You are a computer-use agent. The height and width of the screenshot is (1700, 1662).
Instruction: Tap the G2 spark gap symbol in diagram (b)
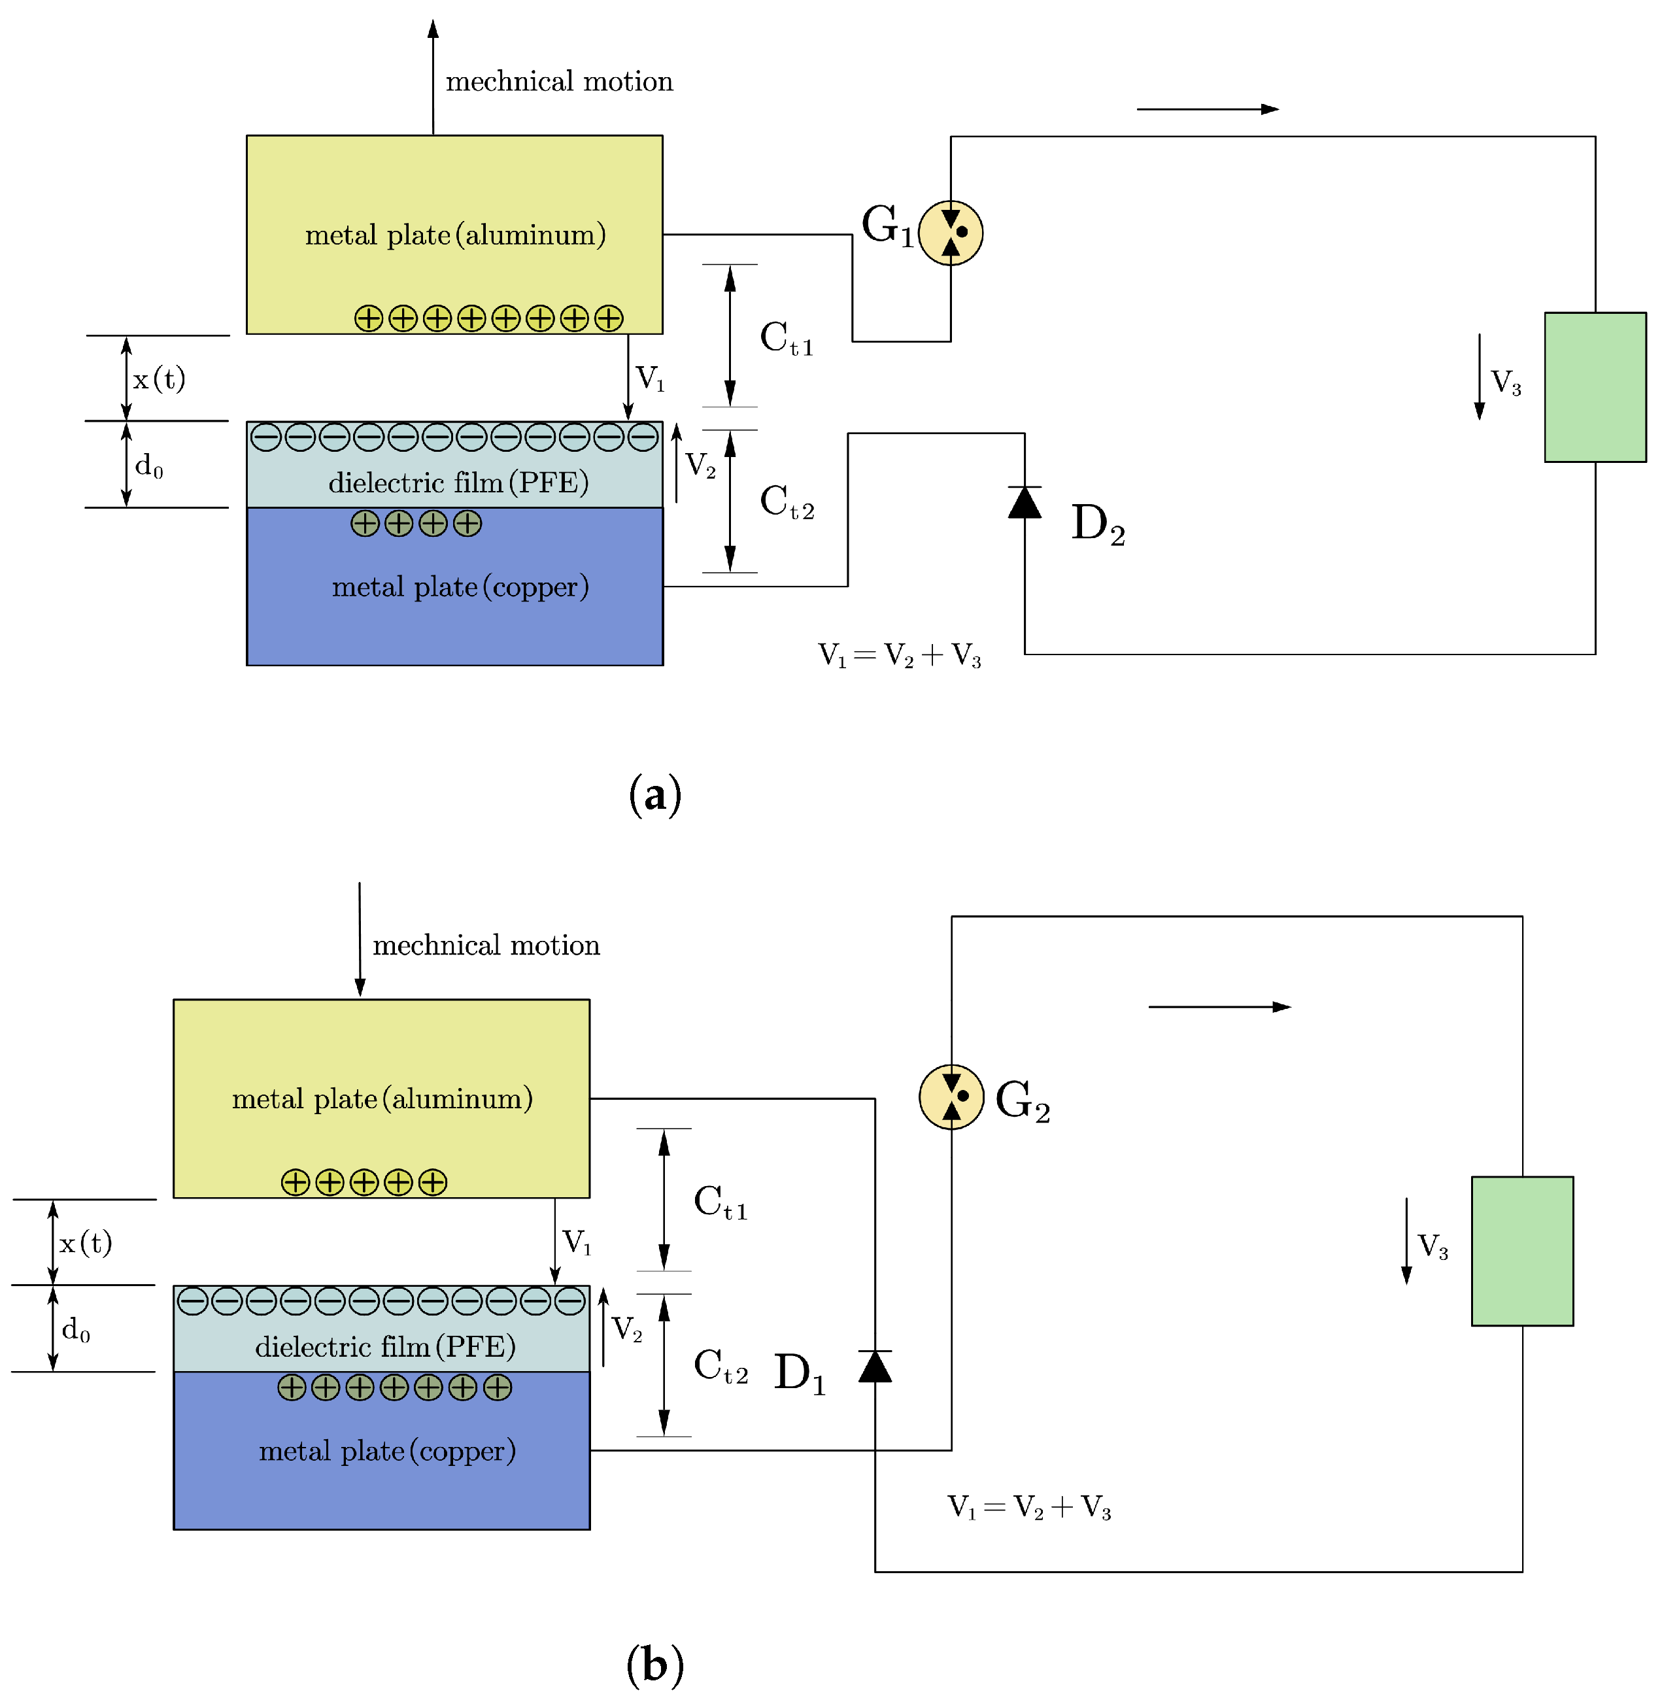951,1096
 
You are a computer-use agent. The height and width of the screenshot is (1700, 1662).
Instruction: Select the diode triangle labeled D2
1025,502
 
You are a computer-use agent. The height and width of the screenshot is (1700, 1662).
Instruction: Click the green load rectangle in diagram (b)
1522,1251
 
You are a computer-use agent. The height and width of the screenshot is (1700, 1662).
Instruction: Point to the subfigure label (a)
654,794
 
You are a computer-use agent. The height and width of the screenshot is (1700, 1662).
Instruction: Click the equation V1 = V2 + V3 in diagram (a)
899,655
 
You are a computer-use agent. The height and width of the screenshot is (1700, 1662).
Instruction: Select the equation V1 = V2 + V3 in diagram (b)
1029,1507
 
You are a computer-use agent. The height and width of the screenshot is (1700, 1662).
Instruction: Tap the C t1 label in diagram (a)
787,338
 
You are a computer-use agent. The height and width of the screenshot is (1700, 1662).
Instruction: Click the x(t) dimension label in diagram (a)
159,379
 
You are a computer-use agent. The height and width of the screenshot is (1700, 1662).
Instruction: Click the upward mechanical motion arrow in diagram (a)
433,77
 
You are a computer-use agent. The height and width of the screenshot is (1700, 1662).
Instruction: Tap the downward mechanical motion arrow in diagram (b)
360,939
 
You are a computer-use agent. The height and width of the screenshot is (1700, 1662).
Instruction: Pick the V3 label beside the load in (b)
1433,1246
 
